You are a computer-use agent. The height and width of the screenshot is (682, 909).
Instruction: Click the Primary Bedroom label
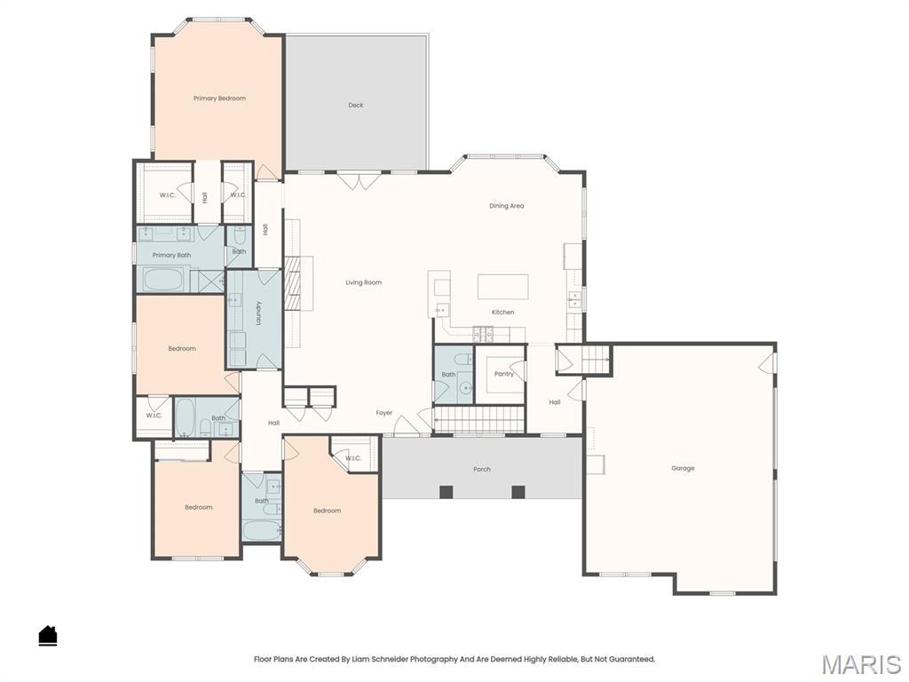(219, 99)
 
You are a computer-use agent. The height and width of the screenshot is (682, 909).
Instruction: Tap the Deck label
(356, 106)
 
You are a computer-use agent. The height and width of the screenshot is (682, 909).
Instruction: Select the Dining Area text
(506, 206)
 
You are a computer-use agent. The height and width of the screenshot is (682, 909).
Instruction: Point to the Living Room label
(364, 282)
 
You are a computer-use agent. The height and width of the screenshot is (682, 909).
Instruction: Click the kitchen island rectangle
(502, 287)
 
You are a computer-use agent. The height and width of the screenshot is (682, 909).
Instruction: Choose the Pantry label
(504, 374)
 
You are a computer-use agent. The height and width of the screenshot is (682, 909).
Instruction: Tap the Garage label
(683, 468)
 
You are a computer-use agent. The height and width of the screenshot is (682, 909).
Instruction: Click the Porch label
(482, 469)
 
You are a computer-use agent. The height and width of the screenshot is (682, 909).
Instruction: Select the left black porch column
(447, 492)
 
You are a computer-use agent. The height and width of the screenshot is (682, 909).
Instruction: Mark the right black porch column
(518, 492)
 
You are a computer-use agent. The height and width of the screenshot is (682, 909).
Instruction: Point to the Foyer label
(383, 413)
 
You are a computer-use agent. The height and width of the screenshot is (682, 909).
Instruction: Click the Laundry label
(258, 312)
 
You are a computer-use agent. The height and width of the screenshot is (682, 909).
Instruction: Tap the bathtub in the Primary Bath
(162, 281)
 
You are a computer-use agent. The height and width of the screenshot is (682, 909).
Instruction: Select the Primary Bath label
(171, 256)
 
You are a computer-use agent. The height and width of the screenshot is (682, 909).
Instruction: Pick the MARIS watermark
(860, 664)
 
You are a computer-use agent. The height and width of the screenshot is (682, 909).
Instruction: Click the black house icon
(48, 635)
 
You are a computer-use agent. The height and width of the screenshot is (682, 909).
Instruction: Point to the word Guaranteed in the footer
(630, 659)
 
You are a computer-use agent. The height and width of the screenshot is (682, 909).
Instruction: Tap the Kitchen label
(502, 313)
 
